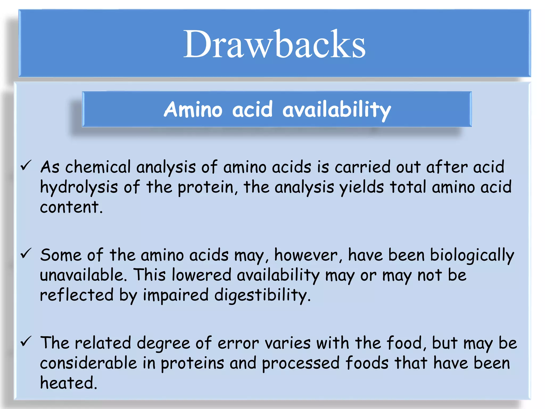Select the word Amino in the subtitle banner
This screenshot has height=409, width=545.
(193, 109)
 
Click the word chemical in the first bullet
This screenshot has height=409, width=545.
(98, 167)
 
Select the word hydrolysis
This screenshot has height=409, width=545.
(79, 187)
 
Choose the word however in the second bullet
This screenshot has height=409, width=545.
(306, 255)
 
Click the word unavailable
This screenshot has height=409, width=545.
(82, 275)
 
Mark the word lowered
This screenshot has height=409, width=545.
(201, 275)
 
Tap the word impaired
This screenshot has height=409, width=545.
(176, 296)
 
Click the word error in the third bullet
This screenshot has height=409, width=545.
(238, 343)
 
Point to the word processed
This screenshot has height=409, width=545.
(301, 363)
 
